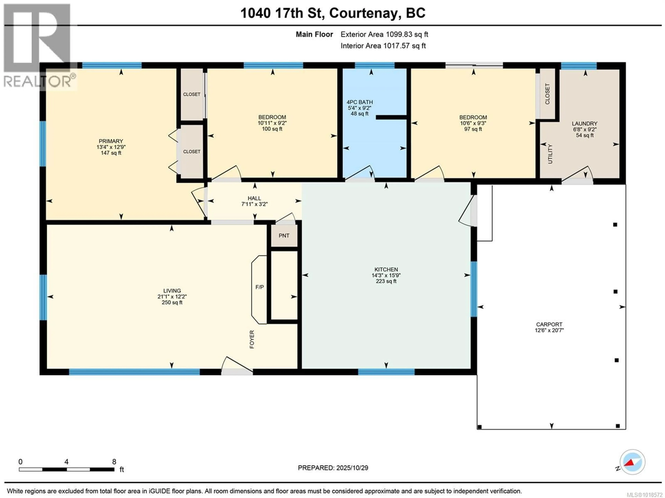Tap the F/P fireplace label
coord(259,287)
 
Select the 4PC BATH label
coord(360,102)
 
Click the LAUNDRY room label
coord(584,124)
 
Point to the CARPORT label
coord(549,324)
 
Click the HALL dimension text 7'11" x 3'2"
coord(254,204)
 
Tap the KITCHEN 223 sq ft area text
coord(386,281)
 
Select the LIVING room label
coord(172,291)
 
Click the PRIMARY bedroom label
coord(111,141)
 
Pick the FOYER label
coord(252,339)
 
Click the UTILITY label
coord(550,154)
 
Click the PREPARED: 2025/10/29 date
coord(333,468)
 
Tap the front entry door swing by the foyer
coord(236,365)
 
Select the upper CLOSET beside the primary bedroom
coord(192,94)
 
